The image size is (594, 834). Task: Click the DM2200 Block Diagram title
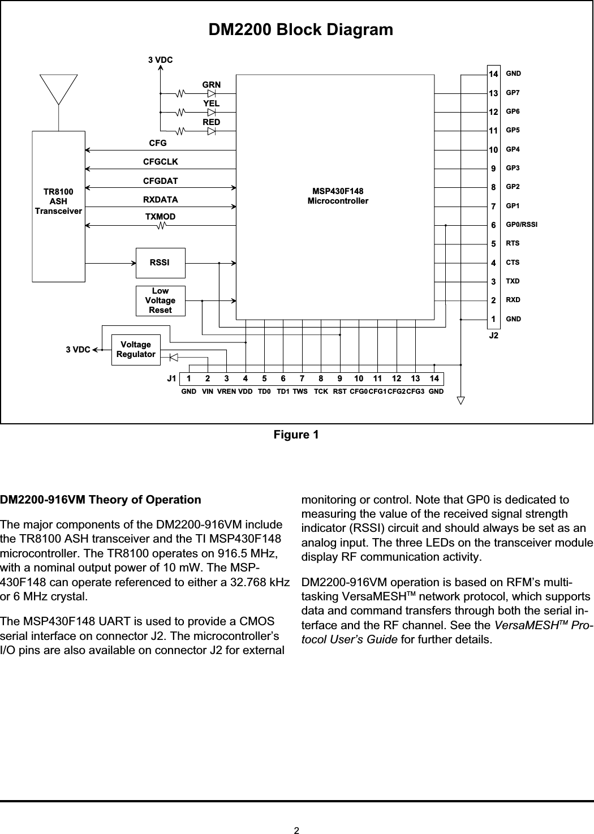301,29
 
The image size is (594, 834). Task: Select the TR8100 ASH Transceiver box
58,206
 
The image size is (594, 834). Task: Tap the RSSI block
160,263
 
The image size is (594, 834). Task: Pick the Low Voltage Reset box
160,300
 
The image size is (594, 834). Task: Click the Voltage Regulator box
136,349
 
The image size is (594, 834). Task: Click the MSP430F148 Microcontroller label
337,196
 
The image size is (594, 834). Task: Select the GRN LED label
212,85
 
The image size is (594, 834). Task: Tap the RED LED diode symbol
212,131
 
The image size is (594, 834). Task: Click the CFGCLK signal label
161,162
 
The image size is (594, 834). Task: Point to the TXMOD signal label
161,217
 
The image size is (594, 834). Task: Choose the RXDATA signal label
161,199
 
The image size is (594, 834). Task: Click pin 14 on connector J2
493,74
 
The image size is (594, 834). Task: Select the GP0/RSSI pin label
522,225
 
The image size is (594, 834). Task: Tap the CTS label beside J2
513,263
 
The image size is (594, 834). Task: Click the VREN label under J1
227,392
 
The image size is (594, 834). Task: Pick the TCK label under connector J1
321,392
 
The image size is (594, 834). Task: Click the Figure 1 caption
296,435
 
